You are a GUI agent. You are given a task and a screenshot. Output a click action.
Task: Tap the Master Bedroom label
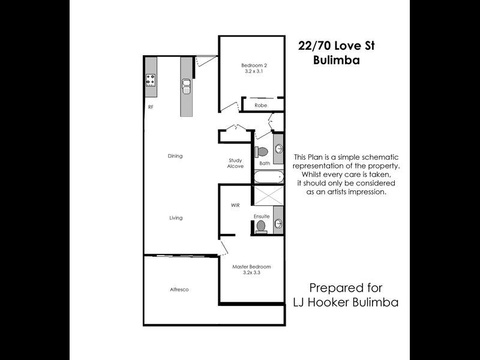coord(252,266)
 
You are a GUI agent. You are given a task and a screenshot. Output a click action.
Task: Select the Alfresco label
coord(179,290)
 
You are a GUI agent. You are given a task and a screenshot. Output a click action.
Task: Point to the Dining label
coord(175,156)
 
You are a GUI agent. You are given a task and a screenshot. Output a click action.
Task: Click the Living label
coord(175,218)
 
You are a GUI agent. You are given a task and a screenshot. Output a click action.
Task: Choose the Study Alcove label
coord(235,163)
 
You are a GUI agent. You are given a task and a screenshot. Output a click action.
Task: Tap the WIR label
coord(235,205)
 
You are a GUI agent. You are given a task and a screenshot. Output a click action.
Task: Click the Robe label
coord(260,105)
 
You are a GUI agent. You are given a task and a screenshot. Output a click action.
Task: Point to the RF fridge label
coord(151,107)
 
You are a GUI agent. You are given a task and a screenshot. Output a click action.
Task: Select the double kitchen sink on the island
coord(186,87)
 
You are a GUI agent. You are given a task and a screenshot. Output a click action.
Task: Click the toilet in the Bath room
coord(262,151)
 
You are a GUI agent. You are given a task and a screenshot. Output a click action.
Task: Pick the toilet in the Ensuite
coord(260,226)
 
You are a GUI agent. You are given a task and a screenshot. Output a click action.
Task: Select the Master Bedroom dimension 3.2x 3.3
coord(252,273)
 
